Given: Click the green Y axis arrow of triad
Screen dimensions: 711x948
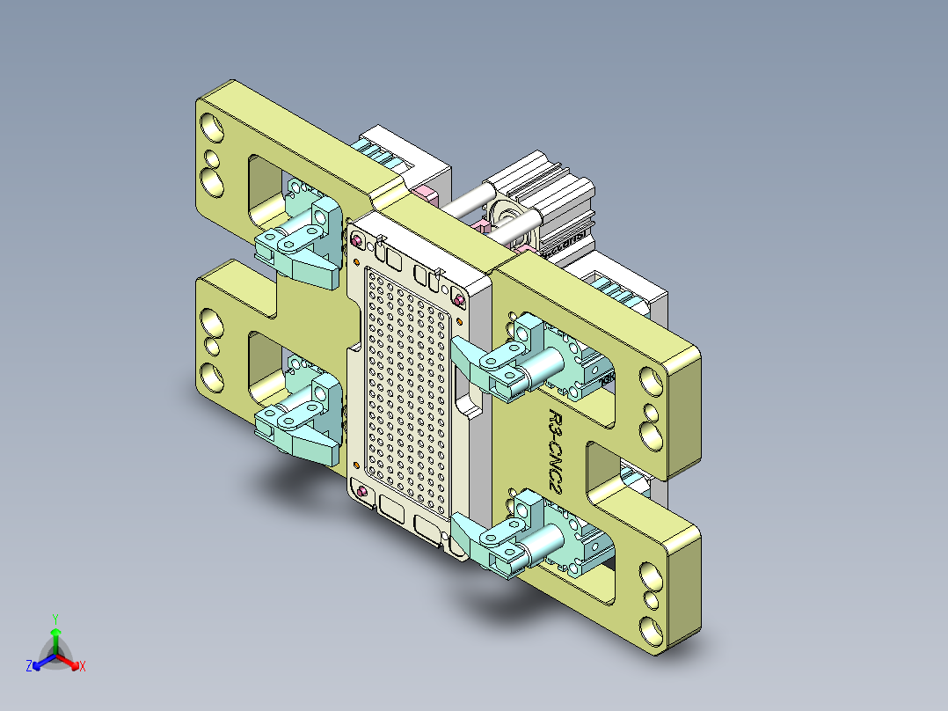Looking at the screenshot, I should click(55, 631).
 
